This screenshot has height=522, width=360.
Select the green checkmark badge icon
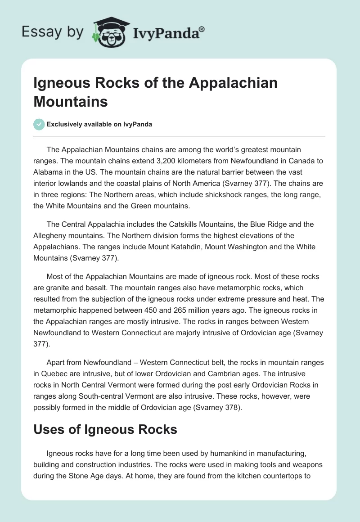pos(39,124)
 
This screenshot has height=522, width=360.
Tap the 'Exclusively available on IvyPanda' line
pos(99,125)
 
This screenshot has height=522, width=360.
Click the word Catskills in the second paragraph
pos(164,224)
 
